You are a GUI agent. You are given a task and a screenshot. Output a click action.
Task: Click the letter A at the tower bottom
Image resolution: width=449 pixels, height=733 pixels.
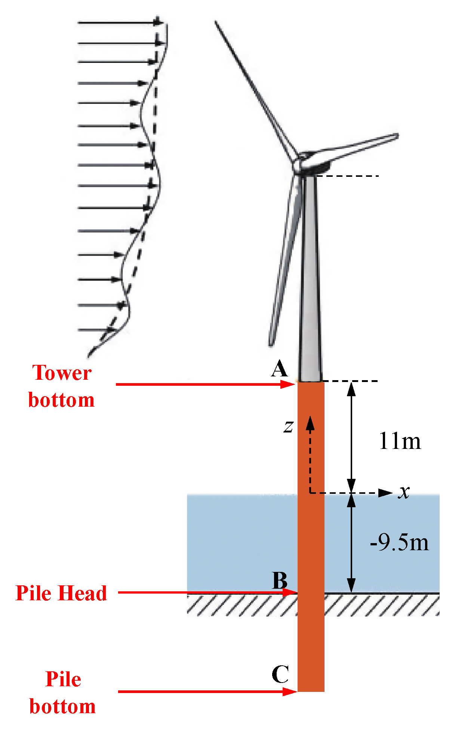coord(280,370)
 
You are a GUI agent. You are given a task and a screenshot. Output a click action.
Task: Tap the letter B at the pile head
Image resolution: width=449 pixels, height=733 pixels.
coord(280,580)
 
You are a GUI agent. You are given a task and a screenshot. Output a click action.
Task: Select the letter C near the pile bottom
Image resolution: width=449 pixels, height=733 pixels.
coord(280,675)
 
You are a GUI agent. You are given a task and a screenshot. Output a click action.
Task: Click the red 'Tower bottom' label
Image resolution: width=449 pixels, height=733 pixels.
coord(62,386)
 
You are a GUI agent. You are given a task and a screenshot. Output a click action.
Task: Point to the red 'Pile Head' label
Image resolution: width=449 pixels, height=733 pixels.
coord(61,593)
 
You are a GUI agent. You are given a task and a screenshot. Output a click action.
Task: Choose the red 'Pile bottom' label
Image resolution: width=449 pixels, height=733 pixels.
coord(63,693)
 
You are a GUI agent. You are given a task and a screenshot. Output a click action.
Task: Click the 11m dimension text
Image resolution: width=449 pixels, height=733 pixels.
coord(400,441)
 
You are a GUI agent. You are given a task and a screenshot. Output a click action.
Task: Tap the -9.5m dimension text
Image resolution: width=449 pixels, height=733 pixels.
coord(399,542)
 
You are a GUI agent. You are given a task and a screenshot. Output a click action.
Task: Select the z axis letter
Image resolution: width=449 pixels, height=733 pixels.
coord(288,426)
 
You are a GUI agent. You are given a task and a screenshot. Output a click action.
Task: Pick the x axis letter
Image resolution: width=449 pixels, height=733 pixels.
coord(404,492)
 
